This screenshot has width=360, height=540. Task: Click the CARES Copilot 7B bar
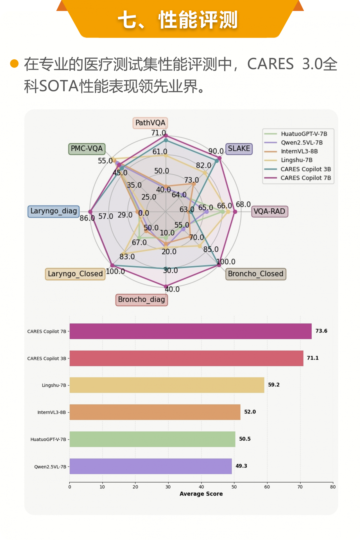coord(191,331)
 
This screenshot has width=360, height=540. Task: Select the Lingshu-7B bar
coord(167,385)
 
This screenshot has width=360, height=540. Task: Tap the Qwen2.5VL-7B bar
coord(151,466)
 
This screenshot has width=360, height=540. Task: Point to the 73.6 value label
coord(321,331)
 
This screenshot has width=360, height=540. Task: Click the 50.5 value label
coord(245,439)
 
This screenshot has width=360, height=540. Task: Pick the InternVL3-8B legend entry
coord(299,151)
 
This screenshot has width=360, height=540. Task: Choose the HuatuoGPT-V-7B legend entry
coord(304,134)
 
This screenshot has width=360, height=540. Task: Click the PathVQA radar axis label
coord(150,123)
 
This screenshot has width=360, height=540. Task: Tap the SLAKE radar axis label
coord(239,148)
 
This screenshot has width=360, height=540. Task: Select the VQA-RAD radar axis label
coord(269,211)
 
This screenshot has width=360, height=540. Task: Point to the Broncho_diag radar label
coord(141,300)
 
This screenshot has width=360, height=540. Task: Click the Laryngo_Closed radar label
coord(75,274)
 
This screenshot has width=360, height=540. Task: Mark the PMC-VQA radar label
coord(87,148)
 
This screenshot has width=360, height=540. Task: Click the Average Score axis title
coord(201,494)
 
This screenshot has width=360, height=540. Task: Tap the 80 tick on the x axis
coord(333,487)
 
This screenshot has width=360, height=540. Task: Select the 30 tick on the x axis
coord(168,487)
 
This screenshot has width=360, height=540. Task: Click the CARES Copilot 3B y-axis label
coord(47,358)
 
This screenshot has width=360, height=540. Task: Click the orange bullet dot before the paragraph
coord(14,64)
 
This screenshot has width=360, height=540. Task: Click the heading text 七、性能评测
coord(178,20)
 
